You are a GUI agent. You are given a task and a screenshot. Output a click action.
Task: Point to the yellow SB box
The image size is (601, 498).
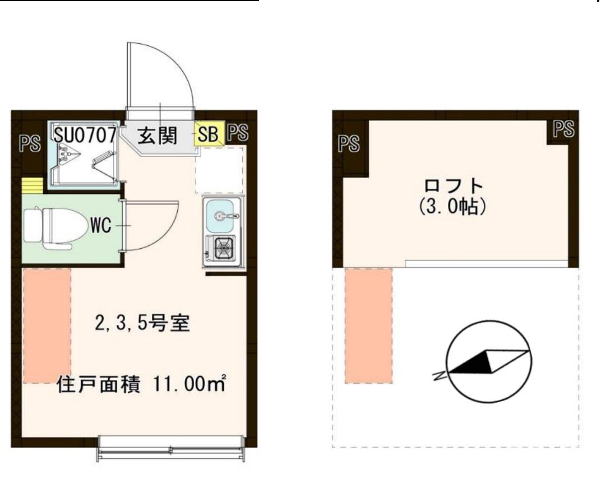(x=209, y=135)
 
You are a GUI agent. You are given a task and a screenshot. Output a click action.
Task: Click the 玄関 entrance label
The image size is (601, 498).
(x=158, y=135)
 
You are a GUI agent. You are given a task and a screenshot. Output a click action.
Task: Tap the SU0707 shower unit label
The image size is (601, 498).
(x=86, y=134)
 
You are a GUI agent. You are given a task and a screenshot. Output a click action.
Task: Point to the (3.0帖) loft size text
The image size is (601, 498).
(x=452, y=207)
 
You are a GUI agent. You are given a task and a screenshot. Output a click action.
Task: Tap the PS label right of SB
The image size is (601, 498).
(x=238, y=132)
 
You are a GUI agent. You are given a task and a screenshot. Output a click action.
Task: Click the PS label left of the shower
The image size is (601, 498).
(x=29, y=143)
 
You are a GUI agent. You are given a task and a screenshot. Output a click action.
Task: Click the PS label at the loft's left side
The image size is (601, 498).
(x=349, y=143)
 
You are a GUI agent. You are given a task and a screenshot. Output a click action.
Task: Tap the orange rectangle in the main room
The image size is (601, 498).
(x=47, y=325)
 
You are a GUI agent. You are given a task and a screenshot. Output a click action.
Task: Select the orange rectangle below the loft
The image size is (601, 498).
(x=368, y=325)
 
